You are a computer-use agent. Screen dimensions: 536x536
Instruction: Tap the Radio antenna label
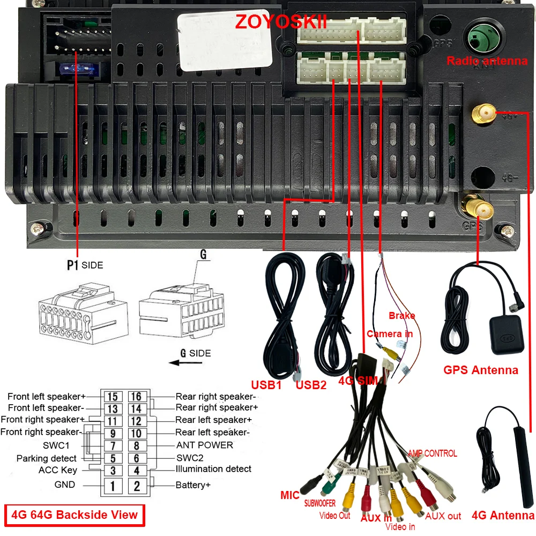[x=487, y=61]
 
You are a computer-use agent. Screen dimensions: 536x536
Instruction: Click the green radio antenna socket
[x=480, y=38]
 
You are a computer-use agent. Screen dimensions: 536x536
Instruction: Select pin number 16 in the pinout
[x=137, y=397]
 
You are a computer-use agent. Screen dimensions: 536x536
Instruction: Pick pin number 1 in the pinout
[x=113, y=486]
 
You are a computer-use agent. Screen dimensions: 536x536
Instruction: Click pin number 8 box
[x=137, y=445]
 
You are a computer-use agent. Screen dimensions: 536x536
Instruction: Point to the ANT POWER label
[x=205, y=445]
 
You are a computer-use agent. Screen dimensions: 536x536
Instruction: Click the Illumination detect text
[x=213, y=469]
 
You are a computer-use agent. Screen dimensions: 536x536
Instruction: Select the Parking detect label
[x=47, y=458]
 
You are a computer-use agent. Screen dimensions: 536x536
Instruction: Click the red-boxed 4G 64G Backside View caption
[x=74, y=515]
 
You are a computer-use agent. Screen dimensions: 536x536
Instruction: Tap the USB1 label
[x=266, y=384]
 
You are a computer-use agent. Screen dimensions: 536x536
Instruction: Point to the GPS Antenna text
[x=481, y=370]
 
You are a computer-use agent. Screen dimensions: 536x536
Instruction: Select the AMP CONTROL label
[x=433, y=453]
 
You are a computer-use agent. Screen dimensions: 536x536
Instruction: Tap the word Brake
[x=402, y=315]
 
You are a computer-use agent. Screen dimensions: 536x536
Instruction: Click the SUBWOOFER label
[x=320, y=503]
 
